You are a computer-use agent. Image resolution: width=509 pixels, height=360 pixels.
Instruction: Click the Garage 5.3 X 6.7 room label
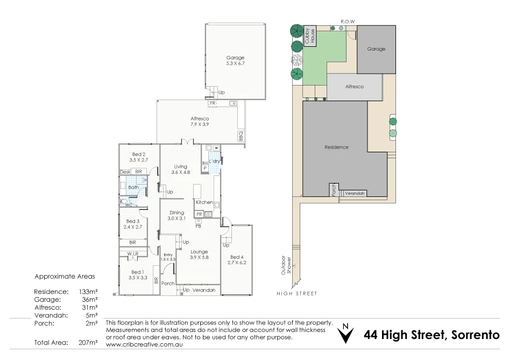[235, 61]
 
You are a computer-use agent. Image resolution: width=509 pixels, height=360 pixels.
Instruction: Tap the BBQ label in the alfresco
[241, 136]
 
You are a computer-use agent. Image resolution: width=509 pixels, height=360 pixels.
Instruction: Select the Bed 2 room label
[139, 157]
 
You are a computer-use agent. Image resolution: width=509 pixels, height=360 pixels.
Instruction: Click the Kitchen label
[204, 202]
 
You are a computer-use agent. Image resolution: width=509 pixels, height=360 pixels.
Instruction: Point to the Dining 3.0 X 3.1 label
[176, 216]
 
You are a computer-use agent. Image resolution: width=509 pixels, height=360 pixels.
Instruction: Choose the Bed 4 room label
[237, 260]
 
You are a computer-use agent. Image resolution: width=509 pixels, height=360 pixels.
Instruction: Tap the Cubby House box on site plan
[310, 37]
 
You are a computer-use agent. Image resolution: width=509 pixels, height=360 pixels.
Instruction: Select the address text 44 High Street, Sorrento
[432, 335]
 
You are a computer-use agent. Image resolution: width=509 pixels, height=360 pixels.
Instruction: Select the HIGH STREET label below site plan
[296, 294]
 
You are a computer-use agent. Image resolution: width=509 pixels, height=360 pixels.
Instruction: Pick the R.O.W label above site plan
[348, 22]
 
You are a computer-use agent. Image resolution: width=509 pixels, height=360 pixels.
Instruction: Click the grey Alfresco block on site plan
[355, 87]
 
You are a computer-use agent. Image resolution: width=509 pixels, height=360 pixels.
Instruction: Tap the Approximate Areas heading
[65, 277]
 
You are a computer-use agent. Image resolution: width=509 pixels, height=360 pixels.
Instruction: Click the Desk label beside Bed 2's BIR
[125, 172]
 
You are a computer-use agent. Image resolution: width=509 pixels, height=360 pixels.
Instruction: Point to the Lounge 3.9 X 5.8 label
[199, 255]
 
